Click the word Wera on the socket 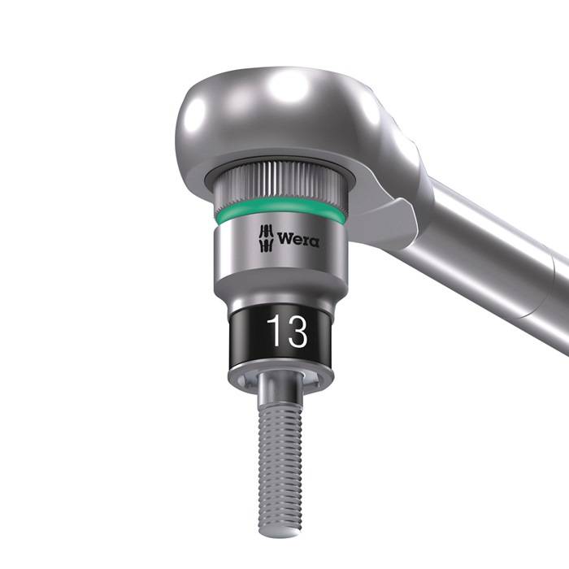[298, 240]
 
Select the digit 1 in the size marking [274, 333]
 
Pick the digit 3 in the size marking [296, 333]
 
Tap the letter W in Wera [284, 240]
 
